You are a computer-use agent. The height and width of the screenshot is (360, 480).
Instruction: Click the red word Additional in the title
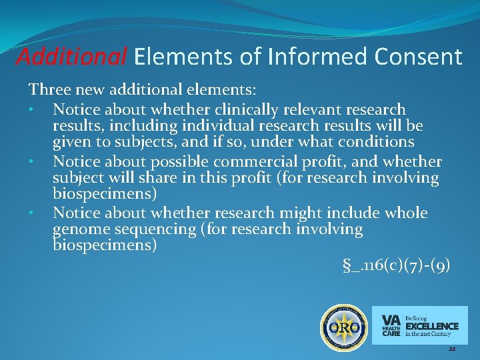[71, 57]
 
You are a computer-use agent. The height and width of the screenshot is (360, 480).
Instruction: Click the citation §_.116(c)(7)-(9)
[396, 266]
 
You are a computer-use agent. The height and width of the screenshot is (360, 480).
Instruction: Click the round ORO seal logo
[345, 327]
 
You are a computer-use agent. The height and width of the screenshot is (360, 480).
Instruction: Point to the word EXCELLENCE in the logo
[431, 326]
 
